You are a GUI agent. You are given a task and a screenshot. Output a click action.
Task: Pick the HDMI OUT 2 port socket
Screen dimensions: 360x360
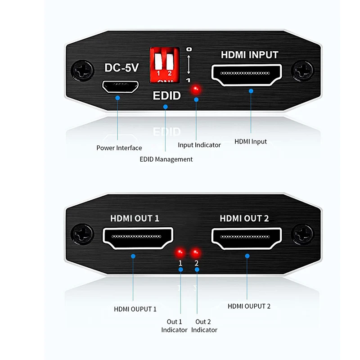click(x=247, y=238)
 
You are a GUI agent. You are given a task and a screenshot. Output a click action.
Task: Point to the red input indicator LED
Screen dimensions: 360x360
click(x=195, y=89)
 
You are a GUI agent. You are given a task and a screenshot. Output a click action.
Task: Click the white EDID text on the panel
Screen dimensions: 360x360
click(x=166, y=95)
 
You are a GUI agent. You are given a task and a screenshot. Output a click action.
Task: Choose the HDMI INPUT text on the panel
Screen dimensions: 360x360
click(x=249, y=55)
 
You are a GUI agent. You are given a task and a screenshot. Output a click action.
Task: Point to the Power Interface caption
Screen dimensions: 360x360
click(x=119, y=148)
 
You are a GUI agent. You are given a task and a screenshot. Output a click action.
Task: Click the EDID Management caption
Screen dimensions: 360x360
click(x=166, y=159)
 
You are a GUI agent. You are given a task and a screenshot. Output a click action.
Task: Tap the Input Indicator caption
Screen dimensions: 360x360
click(x=199, y=145)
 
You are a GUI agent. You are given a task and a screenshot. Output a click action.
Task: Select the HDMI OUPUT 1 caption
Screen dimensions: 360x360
click(x=135, y=309)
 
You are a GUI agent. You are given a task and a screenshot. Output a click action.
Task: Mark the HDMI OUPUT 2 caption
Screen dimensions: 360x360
click(x=249, y=306)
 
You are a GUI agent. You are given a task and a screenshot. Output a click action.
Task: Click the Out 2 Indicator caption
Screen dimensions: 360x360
click(x=204, y=326)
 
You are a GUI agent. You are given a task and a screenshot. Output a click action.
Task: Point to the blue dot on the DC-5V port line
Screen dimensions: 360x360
click(x=117, y=98)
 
